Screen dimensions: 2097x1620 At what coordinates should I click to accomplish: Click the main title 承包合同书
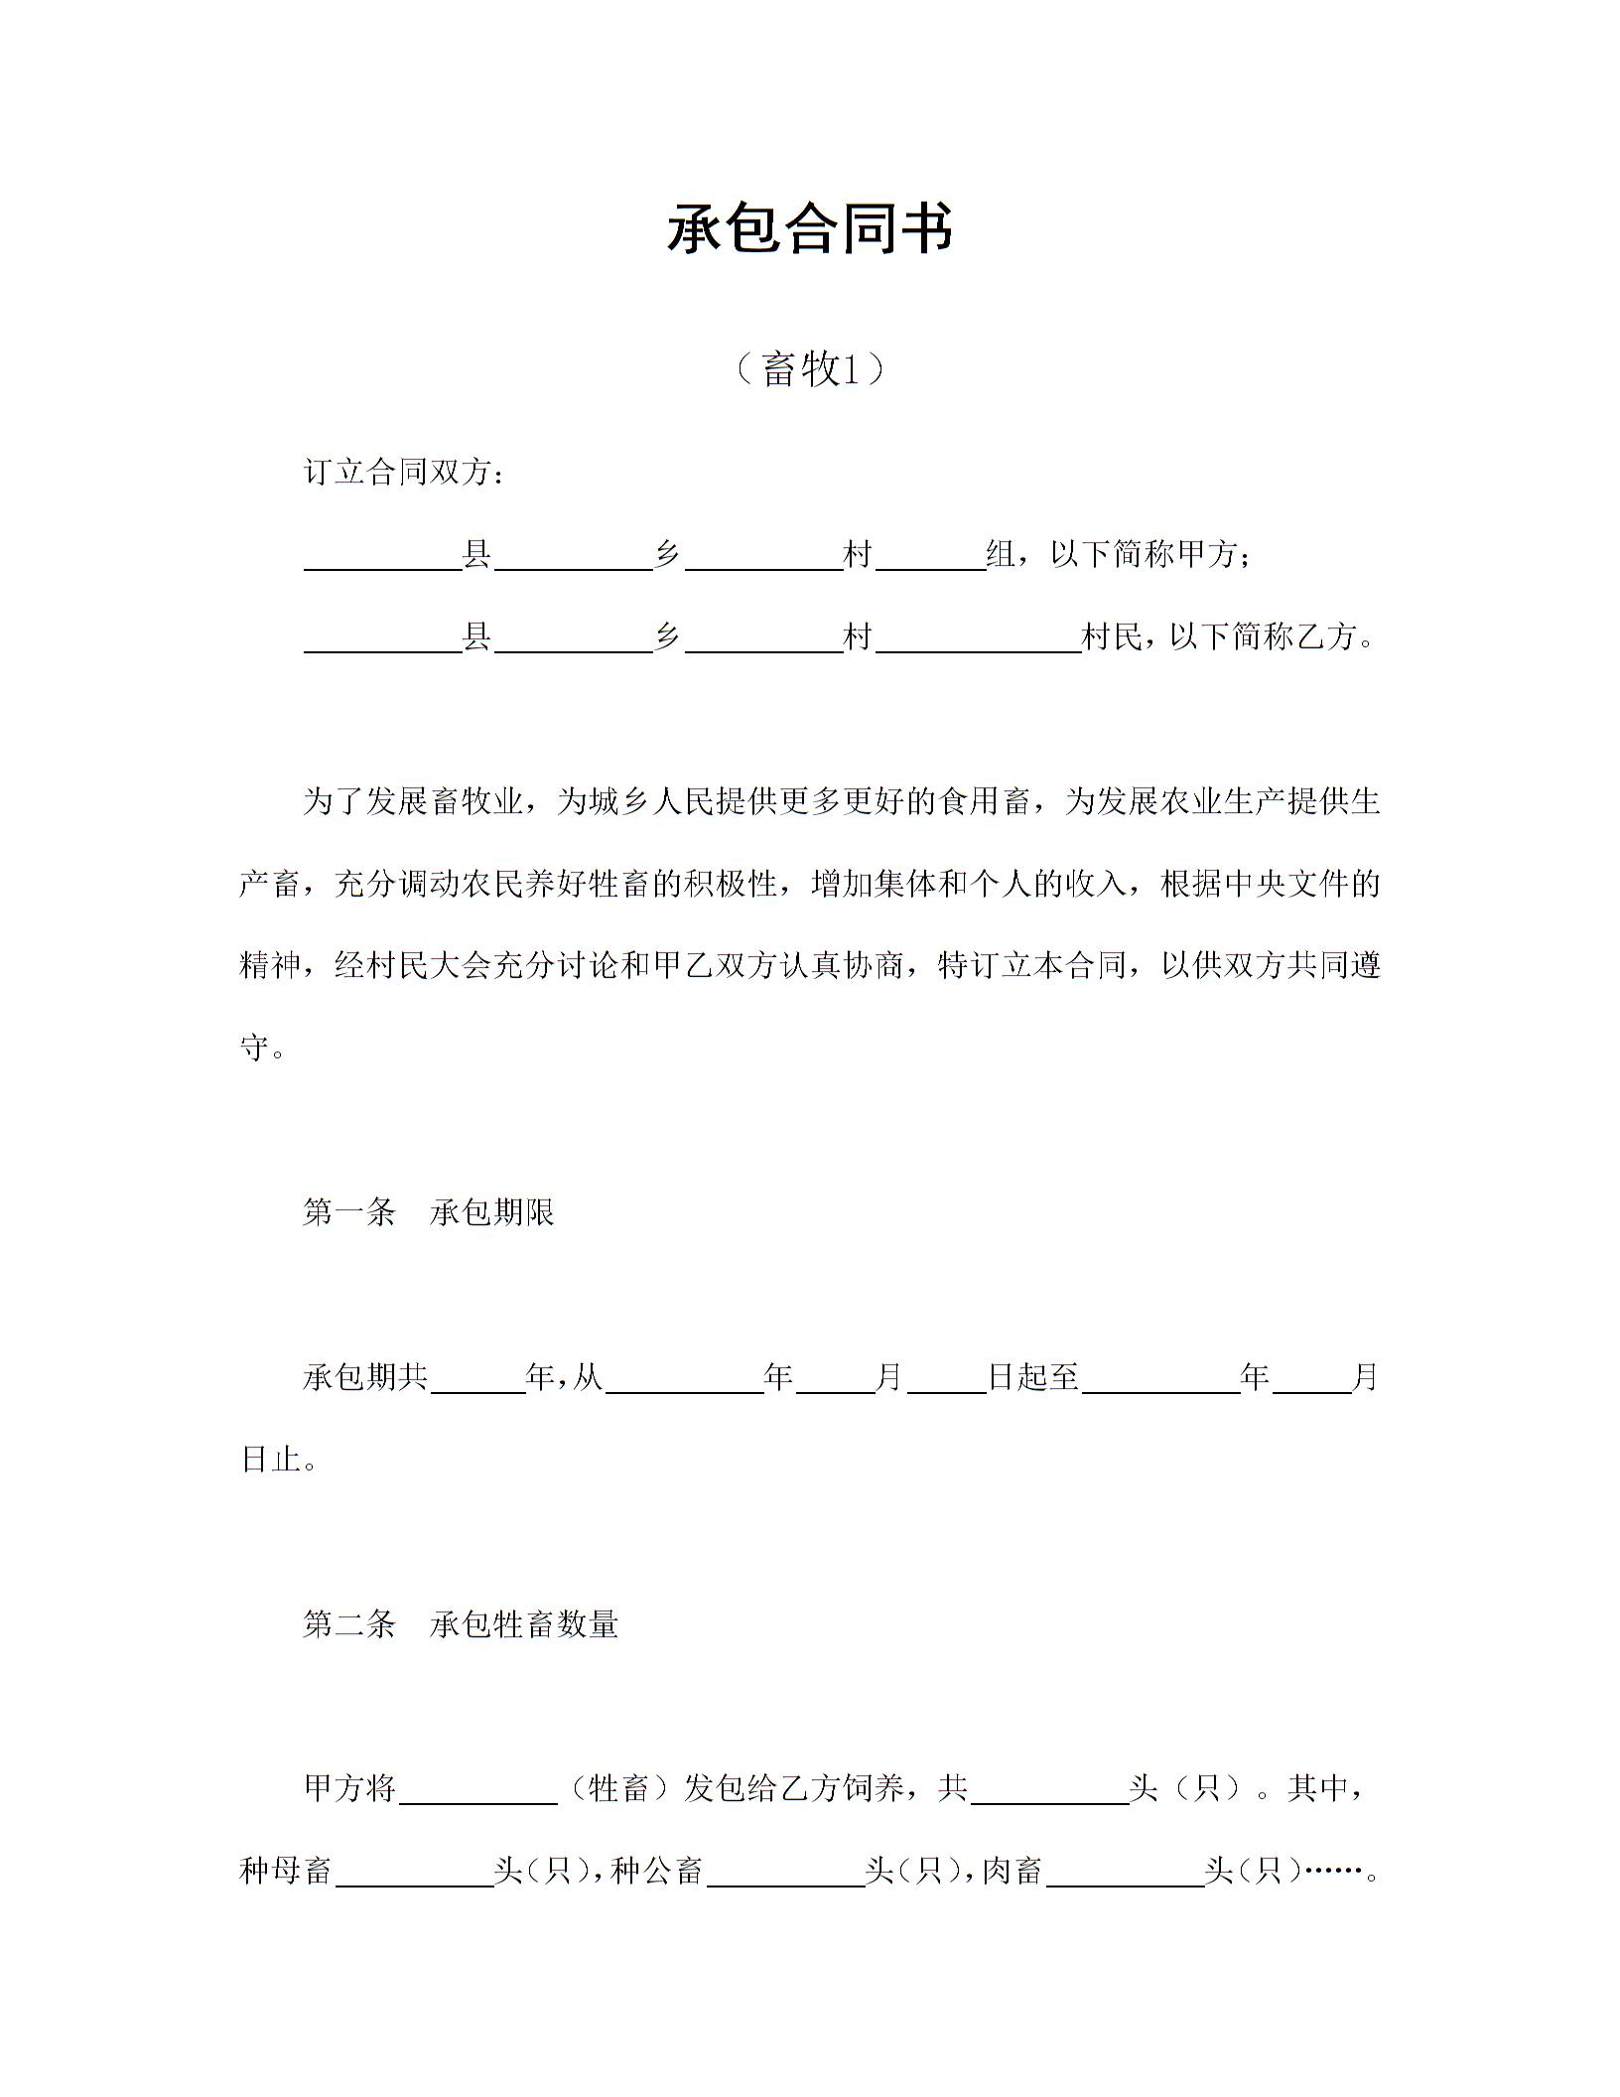(x=810, y=228)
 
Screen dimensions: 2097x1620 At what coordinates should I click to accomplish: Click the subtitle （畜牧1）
(x=810, y=369)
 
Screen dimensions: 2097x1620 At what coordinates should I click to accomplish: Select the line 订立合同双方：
(x=404, y=473)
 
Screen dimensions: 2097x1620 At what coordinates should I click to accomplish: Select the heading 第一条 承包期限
(x=429, y=1212)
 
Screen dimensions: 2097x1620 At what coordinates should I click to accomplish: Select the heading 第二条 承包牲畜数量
(x=461, y=1624)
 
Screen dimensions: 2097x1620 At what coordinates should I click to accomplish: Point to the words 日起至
(x=1033, y=1377)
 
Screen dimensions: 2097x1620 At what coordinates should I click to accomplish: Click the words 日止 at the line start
(x=271, y=1460)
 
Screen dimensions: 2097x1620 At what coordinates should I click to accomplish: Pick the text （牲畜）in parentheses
(x=619, y=1788)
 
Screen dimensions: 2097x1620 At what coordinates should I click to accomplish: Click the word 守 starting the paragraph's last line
(x=255, y=1047)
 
